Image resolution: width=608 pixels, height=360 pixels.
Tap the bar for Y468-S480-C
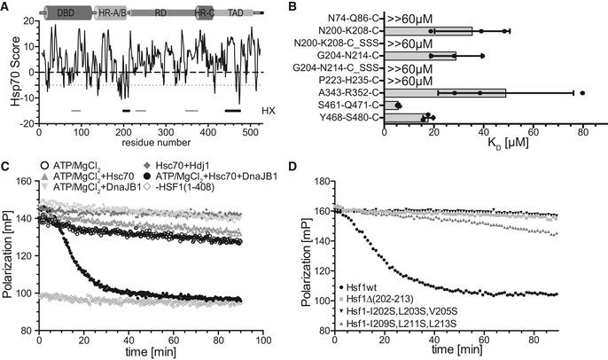click(x=405, y=117)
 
